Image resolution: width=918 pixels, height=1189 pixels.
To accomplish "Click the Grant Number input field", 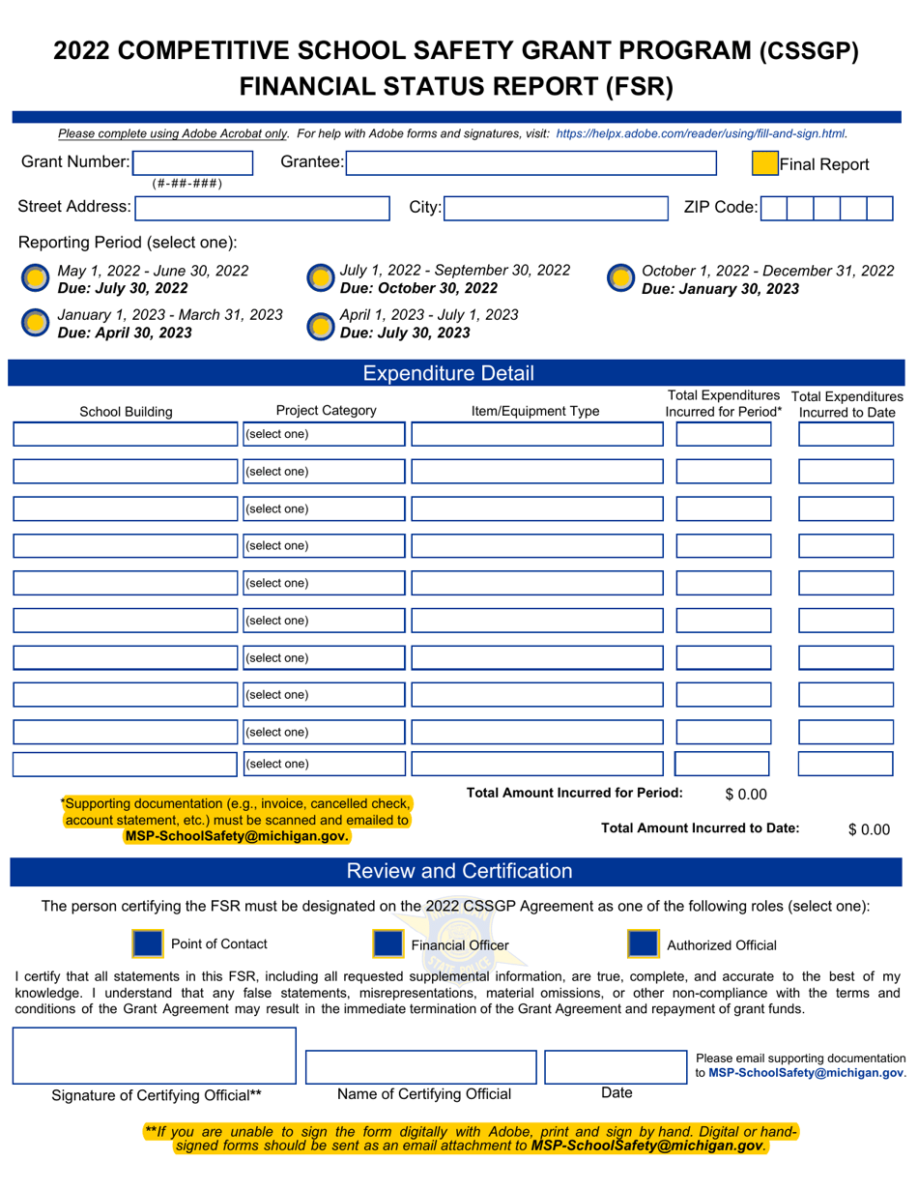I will coord(190,163).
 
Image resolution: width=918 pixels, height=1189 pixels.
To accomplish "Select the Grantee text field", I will coord(531,163).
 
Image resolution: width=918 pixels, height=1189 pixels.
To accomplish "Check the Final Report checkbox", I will coord(765,164).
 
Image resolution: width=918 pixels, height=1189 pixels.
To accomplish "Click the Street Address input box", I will coord(258,207).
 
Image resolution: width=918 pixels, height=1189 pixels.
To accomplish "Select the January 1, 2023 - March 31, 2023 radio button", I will coord(35,323).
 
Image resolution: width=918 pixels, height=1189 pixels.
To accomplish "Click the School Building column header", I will coord(126,412).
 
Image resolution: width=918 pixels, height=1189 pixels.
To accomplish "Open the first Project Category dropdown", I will coord(323,434).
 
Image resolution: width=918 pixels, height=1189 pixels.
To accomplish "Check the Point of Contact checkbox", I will coord(145,944).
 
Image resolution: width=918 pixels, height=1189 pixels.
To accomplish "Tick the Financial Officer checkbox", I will coord(387,944).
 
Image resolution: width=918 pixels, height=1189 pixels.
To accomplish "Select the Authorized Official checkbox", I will coord(643,944).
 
